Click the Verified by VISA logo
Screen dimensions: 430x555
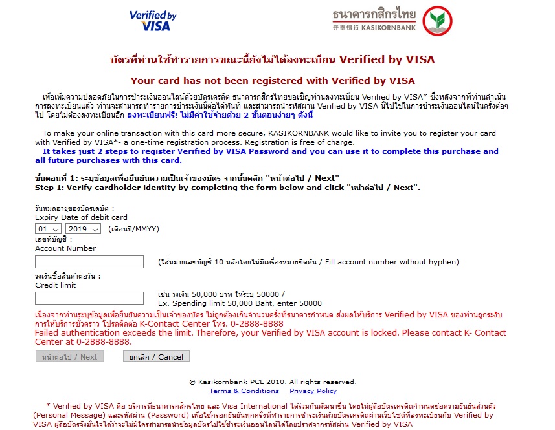pyautogui.click(x=153, y=21)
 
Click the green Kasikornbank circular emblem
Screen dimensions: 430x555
pyautogui.click(x=437, y=21)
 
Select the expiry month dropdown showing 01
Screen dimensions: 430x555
pyautogui.click(x=49, y=229)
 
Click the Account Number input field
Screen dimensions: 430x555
pyautogui.click(x=89, y=262)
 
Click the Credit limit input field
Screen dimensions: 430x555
pyautogui.click(x=89, y=298)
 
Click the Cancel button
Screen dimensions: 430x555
pyautogui.click(x=156, y=357)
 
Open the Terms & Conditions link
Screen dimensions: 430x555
pyautogui.click(x=244, y=391)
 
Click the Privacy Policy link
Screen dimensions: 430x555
pyautogui.click(x=313, y=391)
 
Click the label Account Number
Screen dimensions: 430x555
pyautogui.click(x=65, y=248)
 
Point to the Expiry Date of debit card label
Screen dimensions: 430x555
pyautogui.click(x=81, y=217)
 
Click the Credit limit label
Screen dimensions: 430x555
pyautogui.click(x=56, y=285)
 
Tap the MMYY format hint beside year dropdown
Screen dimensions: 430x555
pyautogui.click(x=133, y=229)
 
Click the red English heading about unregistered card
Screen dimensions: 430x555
pyautogui.click(x=273, y=81)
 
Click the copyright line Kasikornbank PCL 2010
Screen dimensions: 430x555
pyautogui.click(x=273, y=382)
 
